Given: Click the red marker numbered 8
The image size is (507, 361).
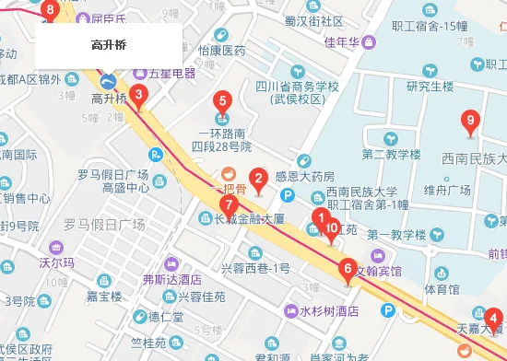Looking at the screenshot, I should click(x=50, y=11).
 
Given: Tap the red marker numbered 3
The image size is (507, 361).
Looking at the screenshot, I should click(x=138, y=94).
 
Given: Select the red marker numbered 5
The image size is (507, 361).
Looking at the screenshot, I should click(x=221, y=101).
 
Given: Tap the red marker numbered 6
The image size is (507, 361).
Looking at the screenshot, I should click(x=348, y=270).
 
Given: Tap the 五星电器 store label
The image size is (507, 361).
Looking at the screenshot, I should click(x=171, y=73).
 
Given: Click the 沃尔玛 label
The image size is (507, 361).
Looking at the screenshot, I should click(x=55, y=263).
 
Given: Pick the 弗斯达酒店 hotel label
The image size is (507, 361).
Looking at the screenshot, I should click(x=171, y=278).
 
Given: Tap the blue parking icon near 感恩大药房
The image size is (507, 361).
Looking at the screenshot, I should click(x=288, y=194).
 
